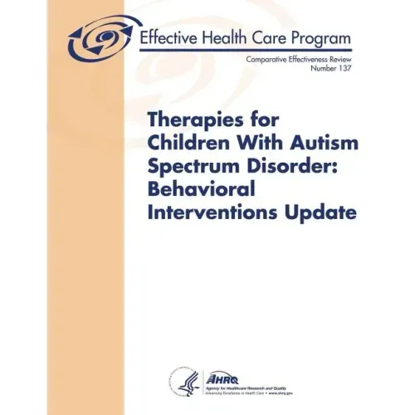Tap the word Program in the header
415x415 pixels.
pyautogui.click(x=318, y=39)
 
